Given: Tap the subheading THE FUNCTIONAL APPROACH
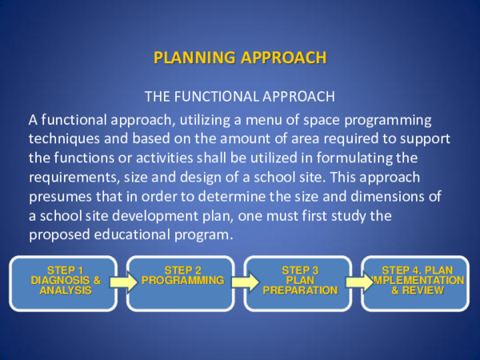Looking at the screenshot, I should (240, 97).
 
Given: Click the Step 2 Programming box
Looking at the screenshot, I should (181, 282).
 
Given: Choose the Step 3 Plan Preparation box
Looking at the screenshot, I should (298, 282).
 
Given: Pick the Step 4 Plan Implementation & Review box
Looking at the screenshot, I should (416, 282).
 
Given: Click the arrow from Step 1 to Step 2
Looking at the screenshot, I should (123, 282).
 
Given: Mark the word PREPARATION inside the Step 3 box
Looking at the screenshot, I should (300, 290).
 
